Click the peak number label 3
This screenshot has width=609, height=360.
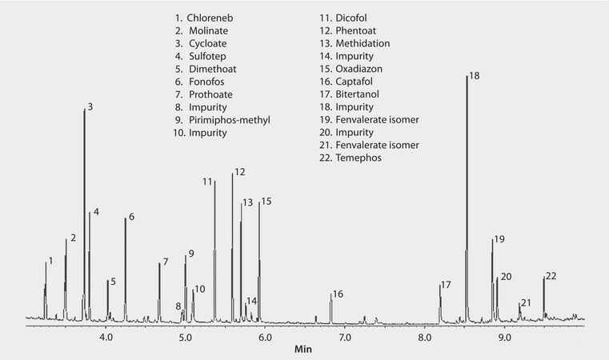tap(90, 106)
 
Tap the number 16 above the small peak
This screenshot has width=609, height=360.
tap(338, 294)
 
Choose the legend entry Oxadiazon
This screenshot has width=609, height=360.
tap(359, 68)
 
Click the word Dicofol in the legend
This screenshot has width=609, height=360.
tap(351, 16)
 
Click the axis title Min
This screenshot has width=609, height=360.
tap(304, 350)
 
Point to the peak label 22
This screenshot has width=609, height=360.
tap(551, 276)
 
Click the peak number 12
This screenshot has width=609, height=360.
tap(239, 172)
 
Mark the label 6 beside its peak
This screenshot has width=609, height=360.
tap(131, 217)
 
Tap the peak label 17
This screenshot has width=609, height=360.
tap(446, 285)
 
